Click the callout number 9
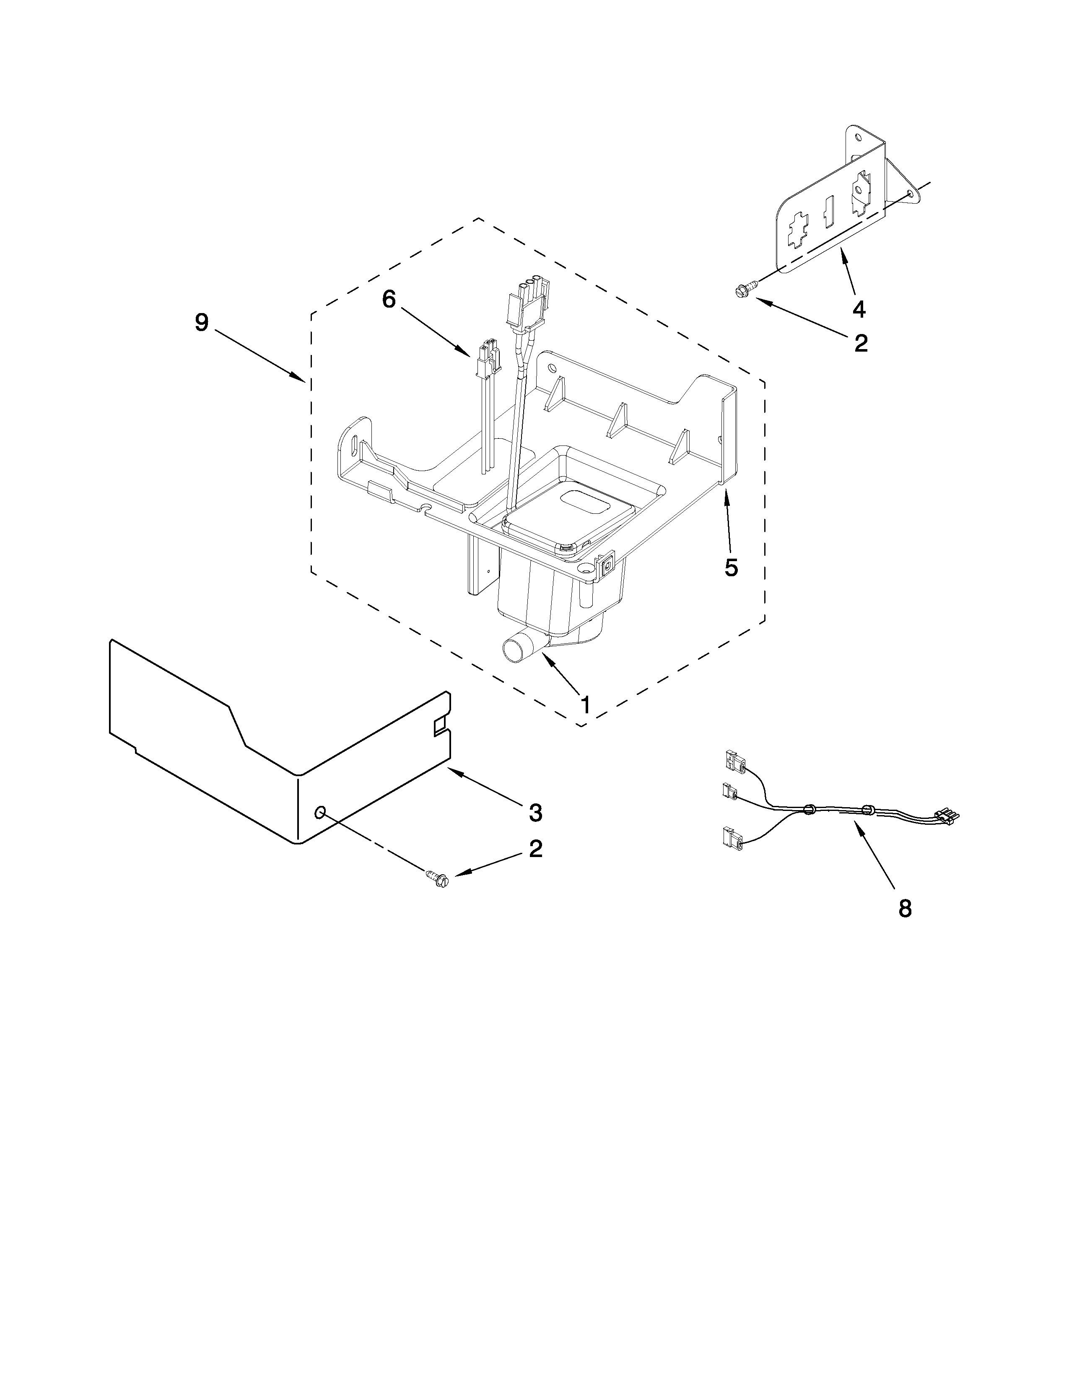click(201, 323)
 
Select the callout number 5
click(732, 568)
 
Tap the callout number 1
click(586, 704)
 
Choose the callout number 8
click(905, 909)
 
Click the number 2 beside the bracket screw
click(861, 343)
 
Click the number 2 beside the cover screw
click(536, 849)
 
